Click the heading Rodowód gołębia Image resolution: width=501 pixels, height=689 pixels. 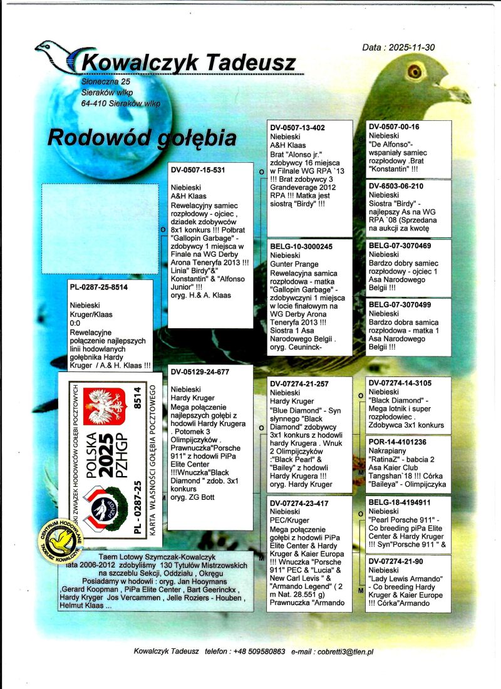pyautogui.click(x=142, y=137)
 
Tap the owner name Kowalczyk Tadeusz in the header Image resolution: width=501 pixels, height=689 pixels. pyautogui.click(x=189, y=62)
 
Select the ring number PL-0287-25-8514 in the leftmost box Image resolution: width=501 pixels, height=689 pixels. pyautogui.click(x=99, y=288)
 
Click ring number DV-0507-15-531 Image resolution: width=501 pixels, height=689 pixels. pyautogui.click(x=198, y=170)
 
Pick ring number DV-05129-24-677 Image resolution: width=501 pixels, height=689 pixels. pyautogui.click(x=200, y=371)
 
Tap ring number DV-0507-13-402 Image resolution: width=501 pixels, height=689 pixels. pyautogui.click(x=297, y=128)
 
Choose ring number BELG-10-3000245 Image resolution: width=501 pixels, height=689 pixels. pyautogui.click(x=302, y=247)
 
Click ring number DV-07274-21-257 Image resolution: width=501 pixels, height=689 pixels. pyautogui.click(x=300, y=383)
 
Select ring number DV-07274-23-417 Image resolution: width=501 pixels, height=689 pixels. pyautogui.click(x=300, y=502)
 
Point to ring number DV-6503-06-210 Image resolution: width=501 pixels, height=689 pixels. pyautogui.click(x=396, y=186)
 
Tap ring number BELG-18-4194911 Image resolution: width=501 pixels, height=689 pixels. pyautogui.click(x=400, y=502)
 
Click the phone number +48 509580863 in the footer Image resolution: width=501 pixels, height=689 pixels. pyautogui.click(x=259, y=651)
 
